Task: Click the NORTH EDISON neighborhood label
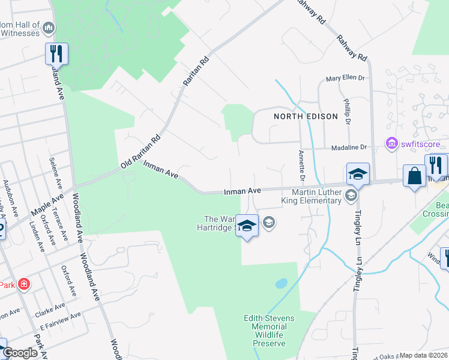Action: coord(306,116)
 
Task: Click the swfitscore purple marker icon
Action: coord(392,144)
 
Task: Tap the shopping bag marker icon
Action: coord(414,176)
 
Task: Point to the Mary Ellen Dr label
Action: coord(345,79)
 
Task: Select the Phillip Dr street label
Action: coord(347,113)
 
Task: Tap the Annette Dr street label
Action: coord(301,165)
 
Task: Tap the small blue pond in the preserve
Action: coord(280,283)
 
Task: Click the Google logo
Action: coord(21,353)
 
